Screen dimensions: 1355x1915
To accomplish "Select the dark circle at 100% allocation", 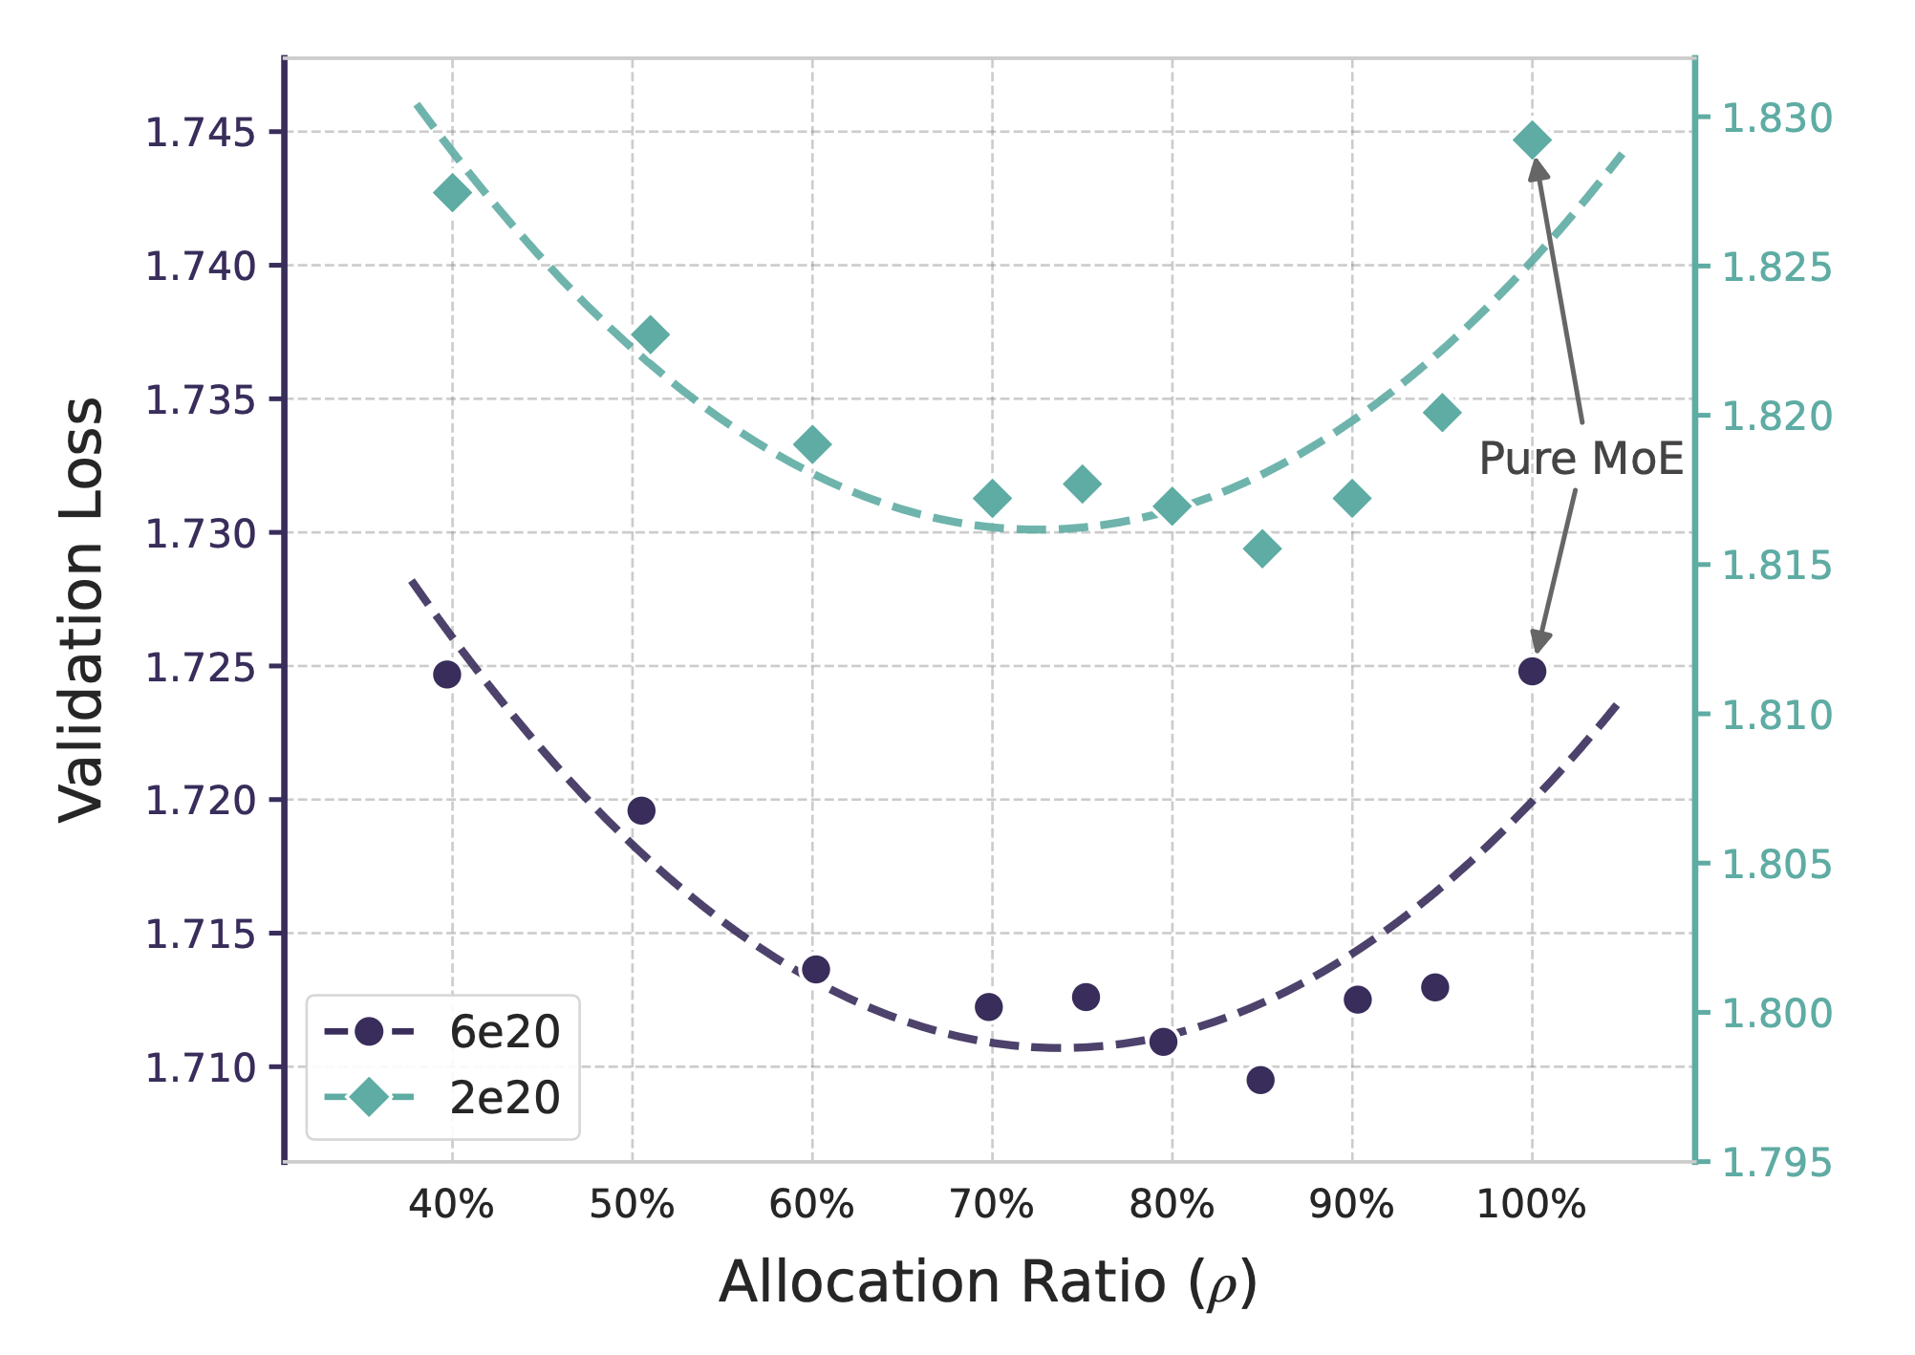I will pyautogui.click(x=1532, y=671).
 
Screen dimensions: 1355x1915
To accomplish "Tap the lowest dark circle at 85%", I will pyautogui.click(x=1260, y=1080).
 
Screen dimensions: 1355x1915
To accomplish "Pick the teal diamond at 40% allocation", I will pyautogui.click(x=452, y=193).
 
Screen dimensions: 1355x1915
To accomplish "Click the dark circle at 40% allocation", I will pyautogui.click(x=447, y=675).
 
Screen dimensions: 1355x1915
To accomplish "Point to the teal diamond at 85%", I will pyautogui.click(x=1262, y=548).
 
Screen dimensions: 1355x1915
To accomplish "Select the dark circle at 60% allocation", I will pyautogui.click(x=816, y=970).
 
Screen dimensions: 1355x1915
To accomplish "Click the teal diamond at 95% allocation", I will pyautogui.click(x=1443, y=413).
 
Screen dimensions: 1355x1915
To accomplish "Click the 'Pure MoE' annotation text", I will pyautogui.click(x=1581, y=460).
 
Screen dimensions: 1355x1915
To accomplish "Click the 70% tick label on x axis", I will pyautogui.click(x=992, y=1207).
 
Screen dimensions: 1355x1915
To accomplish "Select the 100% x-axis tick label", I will pyautogui.click(x=1531, y=1207).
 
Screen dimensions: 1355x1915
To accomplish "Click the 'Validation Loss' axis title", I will pyautogui.click(x=80, y=610).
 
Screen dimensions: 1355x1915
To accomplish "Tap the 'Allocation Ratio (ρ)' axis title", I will pyautogui.click(x=988, y=1283).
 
